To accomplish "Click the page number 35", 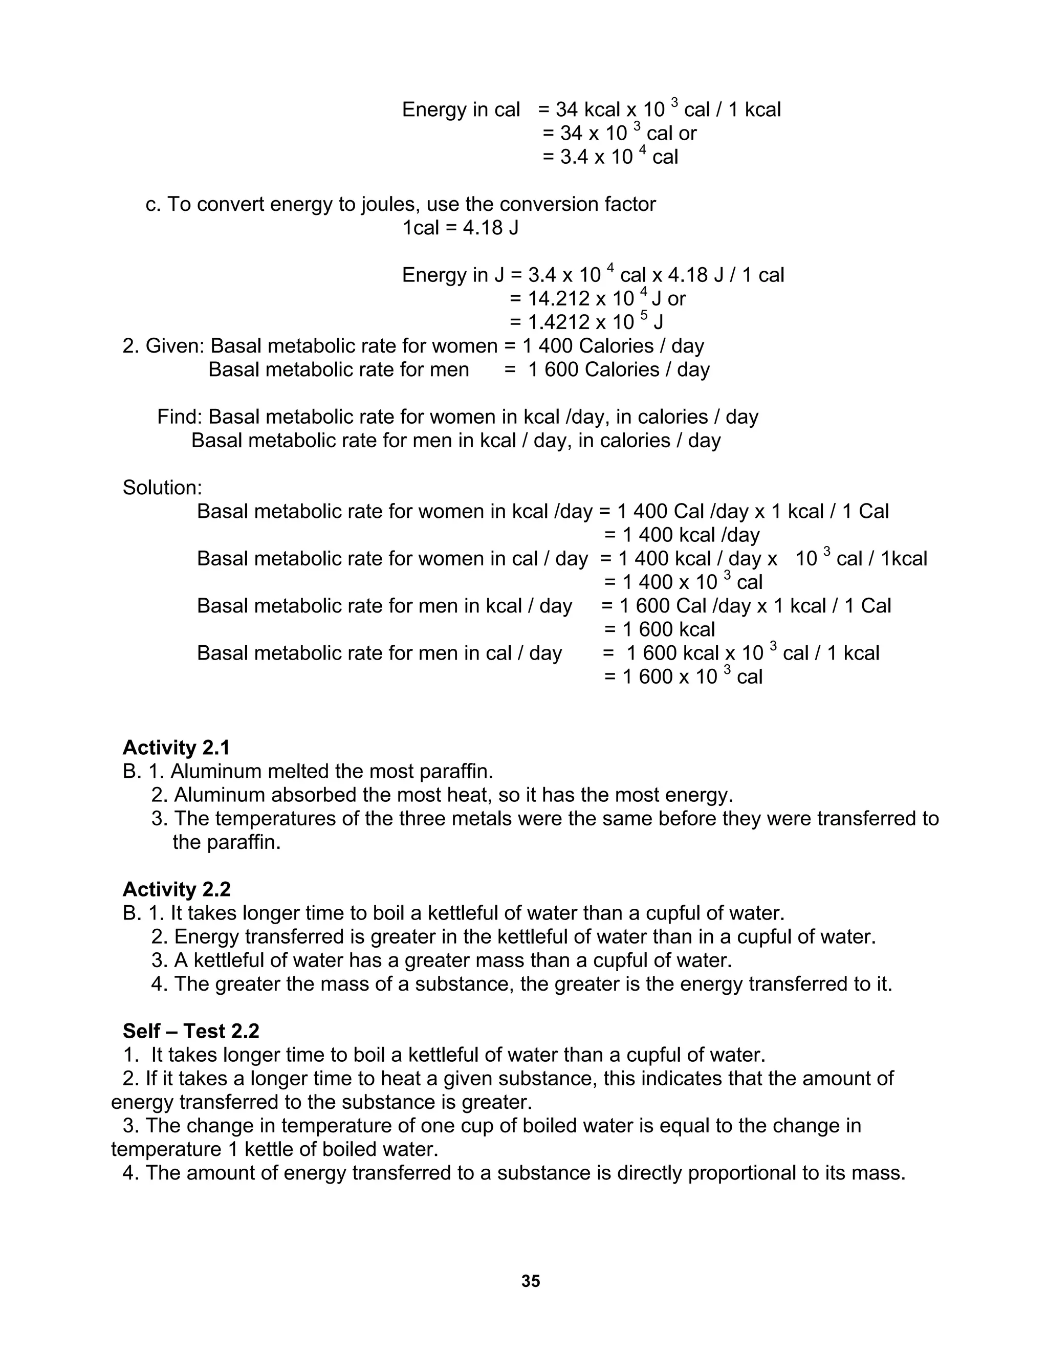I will [530, 1281].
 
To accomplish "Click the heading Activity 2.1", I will [177, 747].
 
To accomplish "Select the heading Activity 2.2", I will [177, 889].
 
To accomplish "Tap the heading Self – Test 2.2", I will [190, 1031].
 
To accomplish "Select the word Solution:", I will [162, 487].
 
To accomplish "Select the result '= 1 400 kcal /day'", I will [682, 535].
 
